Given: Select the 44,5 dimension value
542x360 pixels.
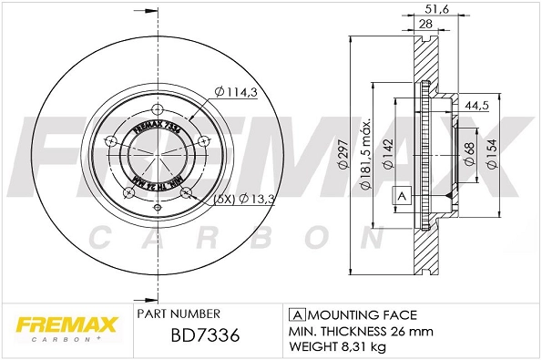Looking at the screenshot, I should [x=478, y=106].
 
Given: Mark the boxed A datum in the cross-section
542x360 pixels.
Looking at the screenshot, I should [x=401, y=197].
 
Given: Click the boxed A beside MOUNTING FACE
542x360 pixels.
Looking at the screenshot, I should [x=295, y=313].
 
